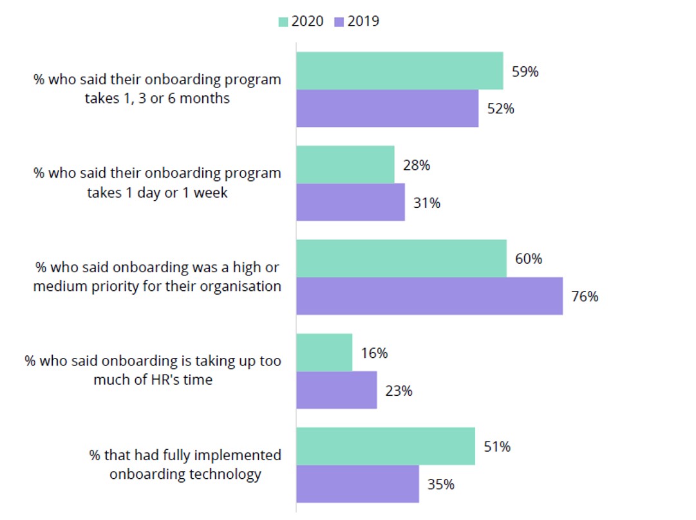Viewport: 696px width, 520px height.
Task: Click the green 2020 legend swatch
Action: coord(283,22)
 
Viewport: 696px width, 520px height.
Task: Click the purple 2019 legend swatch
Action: coord(339,22)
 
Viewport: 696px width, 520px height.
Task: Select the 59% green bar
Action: coord(399,71)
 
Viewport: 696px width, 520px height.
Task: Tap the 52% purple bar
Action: coord(387,108)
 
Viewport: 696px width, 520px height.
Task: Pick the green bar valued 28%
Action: coord(345,165)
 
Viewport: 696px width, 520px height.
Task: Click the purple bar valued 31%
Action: coord(350,202)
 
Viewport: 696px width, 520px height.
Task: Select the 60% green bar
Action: coord(401,259)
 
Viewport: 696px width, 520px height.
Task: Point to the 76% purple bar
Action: coord(429,296)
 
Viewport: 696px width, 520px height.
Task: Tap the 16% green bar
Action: coord(324,353)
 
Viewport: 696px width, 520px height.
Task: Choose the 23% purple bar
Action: coord(336,390)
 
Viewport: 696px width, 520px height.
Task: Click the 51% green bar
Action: coord(385,446)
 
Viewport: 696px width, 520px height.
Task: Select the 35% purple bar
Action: coord(357,484)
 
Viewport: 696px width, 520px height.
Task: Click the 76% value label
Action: coord(585,297)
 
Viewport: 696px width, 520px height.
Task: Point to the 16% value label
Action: coord(374,353)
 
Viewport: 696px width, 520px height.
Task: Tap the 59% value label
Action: coord(525,71)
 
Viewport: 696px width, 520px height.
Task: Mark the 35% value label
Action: coord(441,485)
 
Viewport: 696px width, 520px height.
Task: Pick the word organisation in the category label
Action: coord(242,286)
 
